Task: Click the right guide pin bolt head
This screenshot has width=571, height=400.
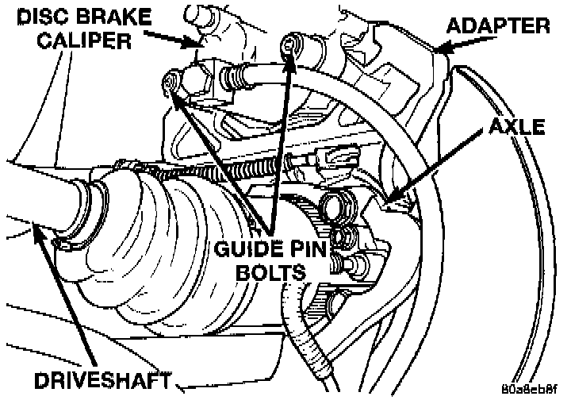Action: click(x=291, y=47)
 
